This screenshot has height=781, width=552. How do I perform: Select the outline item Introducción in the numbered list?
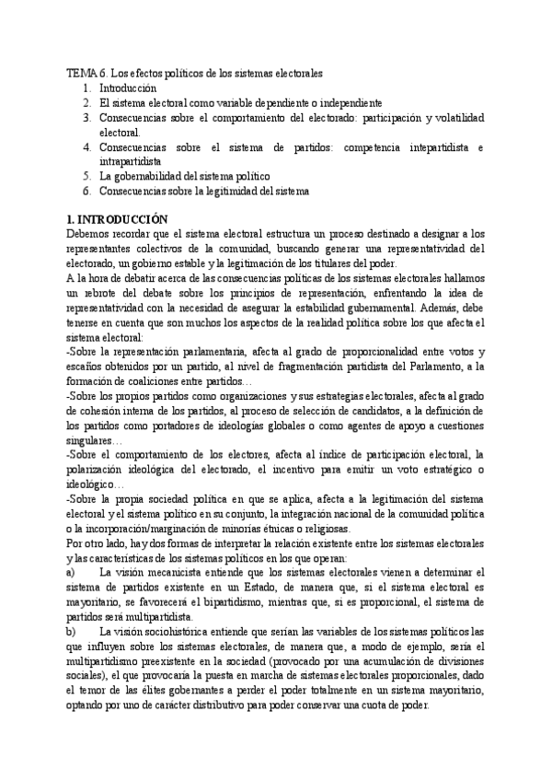(x=129, y=87)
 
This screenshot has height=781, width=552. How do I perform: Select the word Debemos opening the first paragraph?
(x=87, y=235)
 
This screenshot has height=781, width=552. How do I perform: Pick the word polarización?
(x=97, y=470)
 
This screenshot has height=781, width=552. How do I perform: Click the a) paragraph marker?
(x=73, y=573)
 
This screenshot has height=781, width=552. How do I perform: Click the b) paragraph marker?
(x=73, y=632)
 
